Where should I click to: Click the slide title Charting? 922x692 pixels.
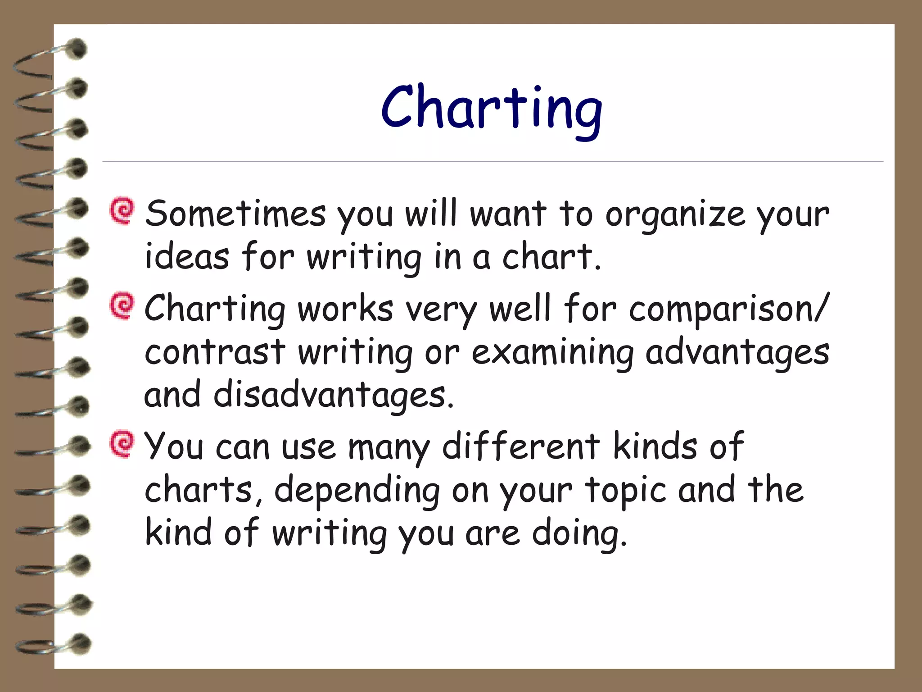pyautogui.click(x=491, y=108)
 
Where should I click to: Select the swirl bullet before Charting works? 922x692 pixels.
pyautogui.click(x=122, y=306)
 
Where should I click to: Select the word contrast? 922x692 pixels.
pyautogui.click(x=215, y=352)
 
